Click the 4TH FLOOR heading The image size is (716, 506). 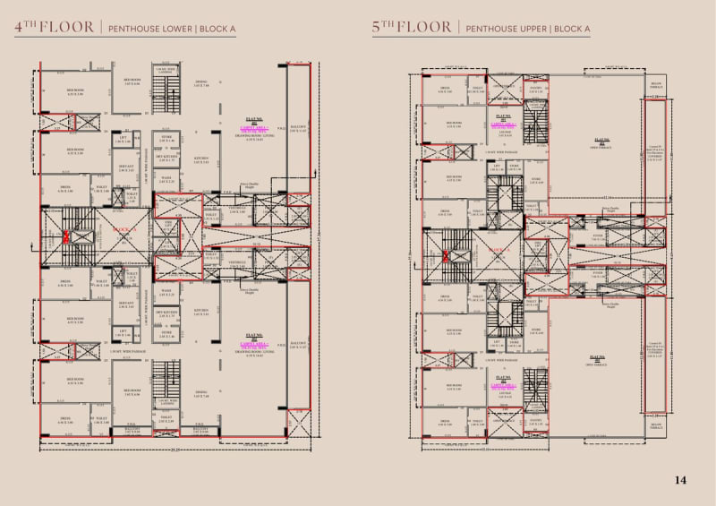pyautogui.click(x=53, y=28)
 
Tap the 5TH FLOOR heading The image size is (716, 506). pyautogui.click(x=413, y=28)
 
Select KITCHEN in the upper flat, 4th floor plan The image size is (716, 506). pyautogui.click(x=201, y=160)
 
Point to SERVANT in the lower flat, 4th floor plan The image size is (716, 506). pyautogui.click(x=125, y=304)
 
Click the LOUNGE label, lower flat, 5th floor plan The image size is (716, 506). pyautogui.click(x=504, y=390)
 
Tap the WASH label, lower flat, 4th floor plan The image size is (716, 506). pyautogui.click(x=166, y=290)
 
